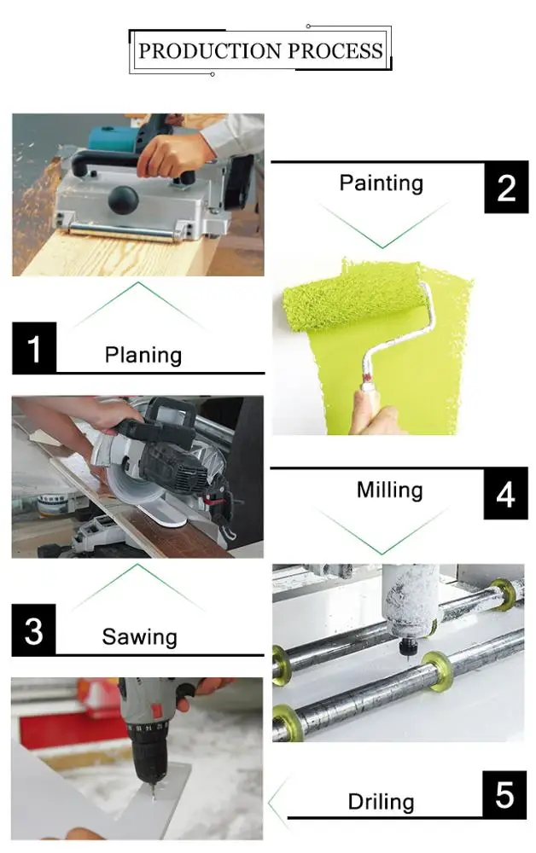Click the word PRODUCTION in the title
(x=209, y=50)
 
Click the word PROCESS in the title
(x=335, y=50)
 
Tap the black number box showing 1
(x=34, y=348)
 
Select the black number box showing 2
(x=506, y=187)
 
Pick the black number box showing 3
(x=34, y=630)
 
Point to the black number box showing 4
(x=505, y=493)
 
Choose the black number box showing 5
(x=504, y=795)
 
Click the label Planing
(x=143, y=355)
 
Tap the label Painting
(x=381, y=183)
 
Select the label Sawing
(x=139, y=637)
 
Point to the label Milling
(x=389, y=490)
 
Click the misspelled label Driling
(x=381, y=802)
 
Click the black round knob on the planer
(x=123, y=199)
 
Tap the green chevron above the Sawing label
(x=137, y=587)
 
